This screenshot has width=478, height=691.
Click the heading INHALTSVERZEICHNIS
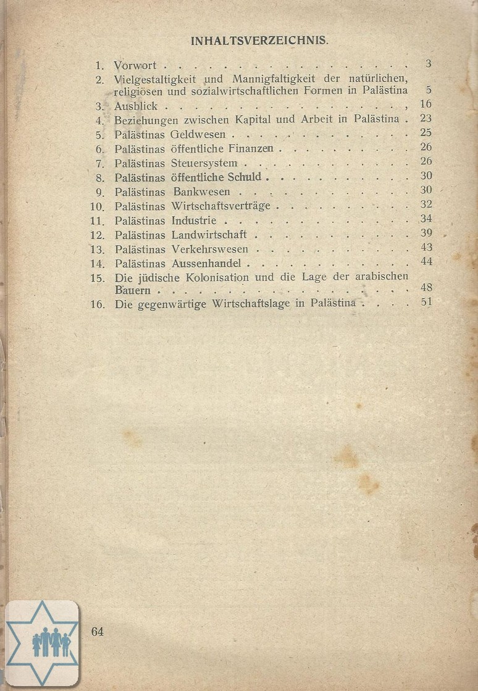point(259,41)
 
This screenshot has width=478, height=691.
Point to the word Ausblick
point(136,106)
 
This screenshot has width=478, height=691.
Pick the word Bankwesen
point(201,191)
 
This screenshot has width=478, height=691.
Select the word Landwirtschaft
point(209,234)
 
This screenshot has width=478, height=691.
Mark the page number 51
point(426,302)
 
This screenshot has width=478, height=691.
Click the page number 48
point(426,288)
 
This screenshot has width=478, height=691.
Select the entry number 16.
point(98,304)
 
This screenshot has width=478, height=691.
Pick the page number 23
point(425,119)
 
